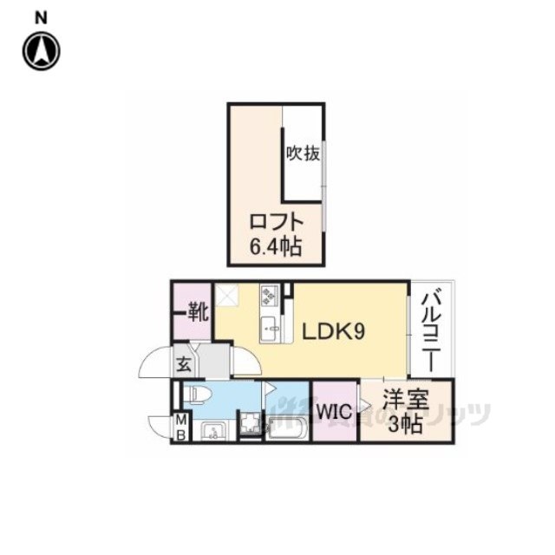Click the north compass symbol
(41, 50)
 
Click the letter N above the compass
(41, 16)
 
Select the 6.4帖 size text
(276, 247)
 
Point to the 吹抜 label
(304, 154)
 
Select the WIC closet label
(334, 411)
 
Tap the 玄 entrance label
(185, 363)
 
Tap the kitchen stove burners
(268, 297)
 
